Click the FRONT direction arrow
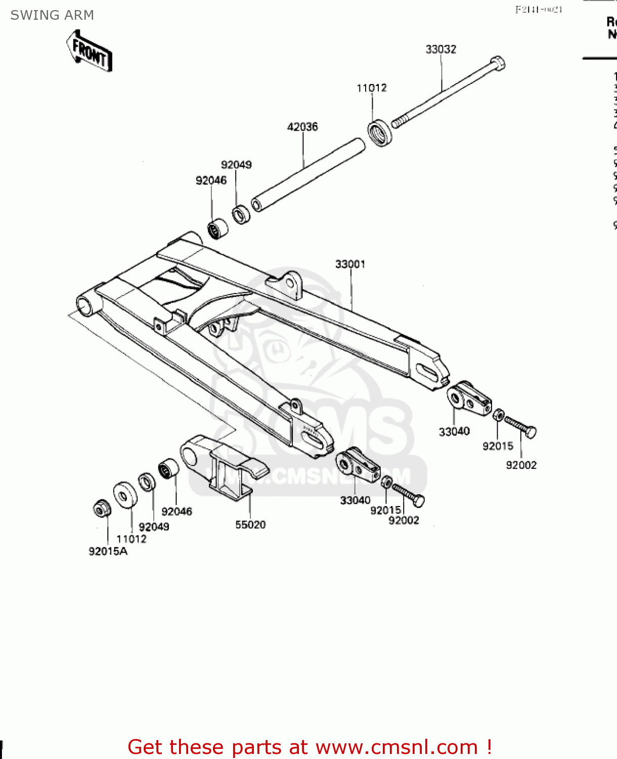coord(89,52)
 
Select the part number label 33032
coord(440,49)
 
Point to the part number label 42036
coord(302,127)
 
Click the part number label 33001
coord(350,264)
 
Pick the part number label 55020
coord(250,525)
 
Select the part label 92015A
coord(108,552)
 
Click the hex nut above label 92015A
coord(102,508)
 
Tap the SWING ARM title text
coord(52,15)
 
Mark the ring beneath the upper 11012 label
coord(380,133)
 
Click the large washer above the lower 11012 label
coord(125,494)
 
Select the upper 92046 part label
coord(211,181)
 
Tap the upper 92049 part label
coord(236,165)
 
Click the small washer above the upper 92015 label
coord(498,415)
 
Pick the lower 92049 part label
coord(154,527)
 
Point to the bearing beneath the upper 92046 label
coord(218,229)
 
